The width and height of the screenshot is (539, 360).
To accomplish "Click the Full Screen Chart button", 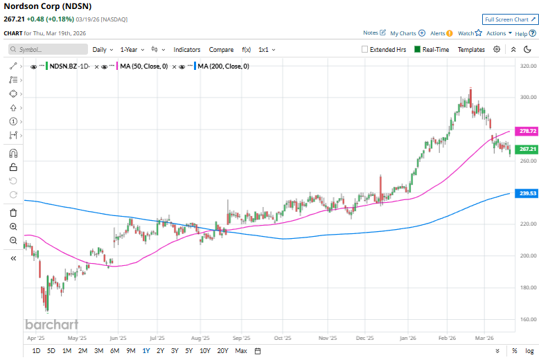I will coord(510,19).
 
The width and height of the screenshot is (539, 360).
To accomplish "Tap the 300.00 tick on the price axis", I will coord(528,97).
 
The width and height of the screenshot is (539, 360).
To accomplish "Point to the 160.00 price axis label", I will coord(528,319).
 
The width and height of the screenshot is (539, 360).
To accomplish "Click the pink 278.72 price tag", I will coord(528,131).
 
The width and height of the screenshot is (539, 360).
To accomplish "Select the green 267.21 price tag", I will coord(528,149).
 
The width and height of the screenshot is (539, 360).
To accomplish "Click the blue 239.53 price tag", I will coord(528,193).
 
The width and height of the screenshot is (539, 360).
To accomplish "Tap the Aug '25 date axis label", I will coord(200,339).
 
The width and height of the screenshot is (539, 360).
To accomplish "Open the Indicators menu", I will coord(186,50).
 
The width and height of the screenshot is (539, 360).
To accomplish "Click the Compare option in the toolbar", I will coord(221,50).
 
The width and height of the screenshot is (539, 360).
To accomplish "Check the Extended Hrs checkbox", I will coord(365,50).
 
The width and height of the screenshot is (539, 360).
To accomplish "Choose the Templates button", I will coord(471,50).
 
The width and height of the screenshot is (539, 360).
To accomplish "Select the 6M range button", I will coord(114,351).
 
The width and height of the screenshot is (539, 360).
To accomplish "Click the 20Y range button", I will coord(222,351).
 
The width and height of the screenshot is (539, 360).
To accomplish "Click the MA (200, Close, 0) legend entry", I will coord(223,66).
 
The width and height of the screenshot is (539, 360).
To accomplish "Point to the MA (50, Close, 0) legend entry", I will coord(144,66).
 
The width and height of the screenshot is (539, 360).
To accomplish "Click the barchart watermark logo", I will coord(52,324).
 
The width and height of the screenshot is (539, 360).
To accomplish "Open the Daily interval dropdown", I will coord(103,50).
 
